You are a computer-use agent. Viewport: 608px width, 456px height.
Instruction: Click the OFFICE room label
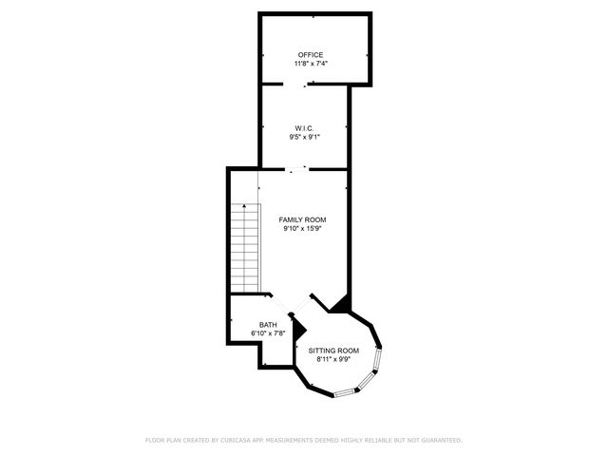click(311, 55)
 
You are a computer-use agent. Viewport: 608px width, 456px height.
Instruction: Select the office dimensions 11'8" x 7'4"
click(311, 65)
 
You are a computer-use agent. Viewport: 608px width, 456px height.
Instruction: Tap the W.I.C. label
click(304, 127)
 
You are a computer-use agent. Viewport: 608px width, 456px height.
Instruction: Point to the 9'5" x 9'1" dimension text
click(304, 137)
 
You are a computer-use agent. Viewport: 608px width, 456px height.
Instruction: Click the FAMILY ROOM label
click(302, 219)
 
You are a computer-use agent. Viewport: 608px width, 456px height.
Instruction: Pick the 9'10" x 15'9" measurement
click(302, 229)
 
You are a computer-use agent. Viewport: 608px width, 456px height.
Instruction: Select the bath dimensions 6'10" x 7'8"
click(268, 333)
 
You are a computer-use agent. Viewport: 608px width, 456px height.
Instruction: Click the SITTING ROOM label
click(333, 351)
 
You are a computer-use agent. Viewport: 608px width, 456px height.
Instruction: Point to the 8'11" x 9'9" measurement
click(333, 360)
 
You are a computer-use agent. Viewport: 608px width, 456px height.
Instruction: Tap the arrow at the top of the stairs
click(245, 206)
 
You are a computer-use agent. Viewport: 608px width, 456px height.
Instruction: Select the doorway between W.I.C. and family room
click(304, 169)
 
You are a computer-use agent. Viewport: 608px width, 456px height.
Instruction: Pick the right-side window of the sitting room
click(379, 362)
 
